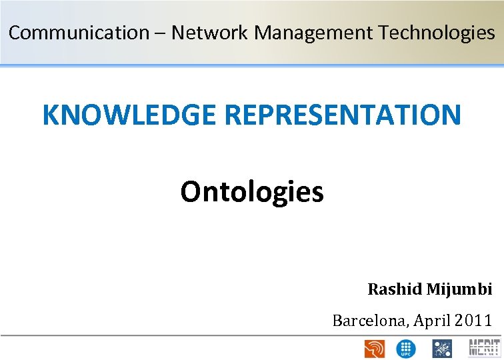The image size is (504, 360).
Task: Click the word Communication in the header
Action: click(79, 33)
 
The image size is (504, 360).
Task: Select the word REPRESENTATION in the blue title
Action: click(343, 115)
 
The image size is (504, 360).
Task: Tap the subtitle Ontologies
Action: click(251, 193)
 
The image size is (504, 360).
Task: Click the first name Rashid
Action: click(395, 289)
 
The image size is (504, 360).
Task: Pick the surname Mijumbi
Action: click(459, 289)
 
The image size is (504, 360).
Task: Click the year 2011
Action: click(473, 321)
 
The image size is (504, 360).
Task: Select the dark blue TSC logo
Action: click(442, 348)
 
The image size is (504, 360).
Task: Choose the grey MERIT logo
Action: click(485, 348)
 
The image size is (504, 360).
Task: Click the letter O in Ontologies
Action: click(190, 193)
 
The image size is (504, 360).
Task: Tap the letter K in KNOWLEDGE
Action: click(51, 115)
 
